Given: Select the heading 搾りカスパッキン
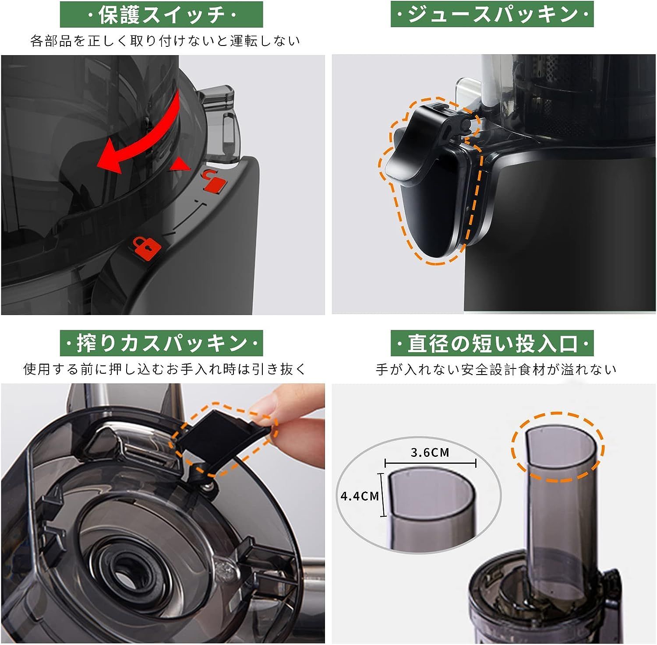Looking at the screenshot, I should [x=161, y=343].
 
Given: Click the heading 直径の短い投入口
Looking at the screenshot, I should [x=492, y=343].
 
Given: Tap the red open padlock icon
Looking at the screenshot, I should [x=213, y=179].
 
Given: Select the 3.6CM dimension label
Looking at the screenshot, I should [x=430, y=452].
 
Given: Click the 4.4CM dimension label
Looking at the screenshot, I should [x=359, y=496].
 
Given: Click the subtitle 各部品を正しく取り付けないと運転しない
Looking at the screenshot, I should [x=165, y=41].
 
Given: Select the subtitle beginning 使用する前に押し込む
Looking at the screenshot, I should [x=165, y=369].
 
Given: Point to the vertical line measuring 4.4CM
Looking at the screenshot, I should [x=384, y=495].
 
